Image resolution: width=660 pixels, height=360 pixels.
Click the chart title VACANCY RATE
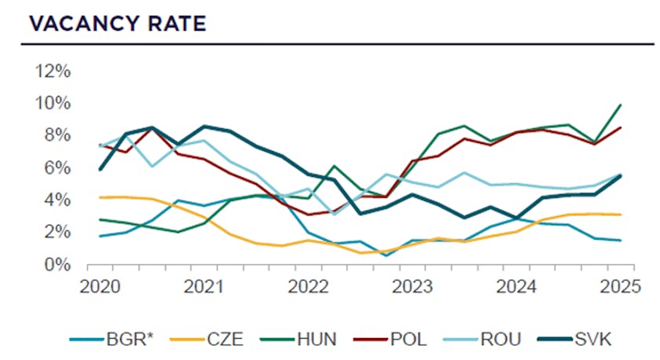(117, 24)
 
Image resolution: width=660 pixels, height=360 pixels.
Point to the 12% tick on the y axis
(53, 71)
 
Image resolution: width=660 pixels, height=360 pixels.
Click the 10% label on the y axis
(53, 103)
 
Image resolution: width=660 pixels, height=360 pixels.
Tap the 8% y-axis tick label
(57, 135)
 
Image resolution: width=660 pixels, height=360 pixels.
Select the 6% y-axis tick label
(57, 167)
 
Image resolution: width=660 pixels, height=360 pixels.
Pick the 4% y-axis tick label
(57, 200)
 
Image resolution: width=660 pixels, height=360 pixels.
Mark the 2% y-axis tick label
(57, 232)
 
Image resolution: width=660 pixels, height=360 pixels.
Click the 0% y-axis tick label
(57, 264)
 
